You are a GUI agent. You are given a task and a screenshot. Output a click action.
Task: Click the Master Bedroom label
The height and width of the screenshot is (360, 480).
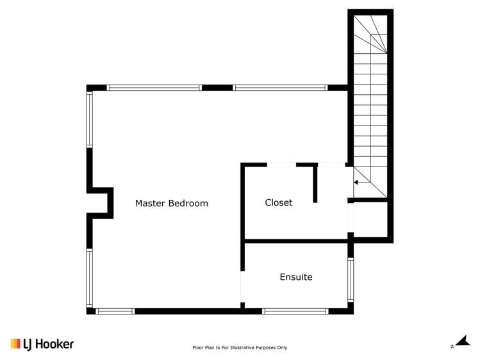click(171, 204)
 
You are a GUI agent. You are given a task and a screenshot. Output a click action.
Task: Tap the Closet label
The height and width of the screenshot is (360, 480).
click(279, 202)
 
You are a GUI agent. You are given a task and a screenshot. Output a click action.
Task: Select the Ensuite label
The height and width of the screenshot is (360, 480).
click(296, 277)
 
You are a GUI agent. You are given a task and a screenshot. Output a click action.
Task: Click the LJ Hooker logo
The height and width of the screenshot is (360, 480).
click(42, 344)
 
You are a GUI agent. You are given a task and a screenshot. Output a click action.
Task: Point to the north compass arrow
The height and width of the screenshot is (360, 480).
click(460, 343)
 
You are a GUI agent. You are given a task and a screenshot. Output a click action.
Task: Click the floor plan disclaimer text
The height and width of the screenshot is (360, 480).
click(240, 348)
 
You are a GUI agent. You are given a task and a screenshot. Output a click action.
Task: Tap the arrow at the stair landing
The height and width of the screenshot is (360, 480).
click(360, 183)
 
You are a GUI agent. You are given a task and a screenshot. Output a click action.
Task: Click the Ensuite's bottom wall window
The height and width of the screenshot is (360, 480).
click(295, 311)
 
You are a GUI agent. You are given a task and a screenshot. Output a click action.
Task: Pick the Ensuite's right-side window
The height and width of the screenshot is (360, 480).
click(350, 279)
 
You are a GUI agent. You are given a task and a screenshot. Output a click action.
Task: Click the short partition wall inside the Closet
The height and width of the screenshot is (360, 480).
click(315, 183)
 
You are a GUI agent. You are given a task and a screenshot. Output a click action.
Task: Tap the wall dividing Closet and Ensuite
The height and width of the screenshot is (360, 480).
click(296, 241)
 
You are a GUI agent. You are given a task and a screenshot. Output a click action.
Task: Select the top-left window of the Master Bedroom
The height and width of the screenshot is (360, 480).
click(154, 87)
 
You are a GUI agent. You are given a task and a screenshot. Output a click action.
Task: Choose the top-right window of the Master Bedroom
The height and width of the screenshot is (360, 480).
click(280, 87)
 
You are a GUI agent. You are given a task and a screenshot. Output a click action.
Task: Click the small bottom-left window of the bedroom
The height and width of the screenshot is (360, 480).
click(115, 311)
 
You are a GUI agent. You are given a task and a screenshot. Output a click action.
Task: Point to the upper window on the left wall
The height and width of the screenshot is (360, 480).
click(90, 119)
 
